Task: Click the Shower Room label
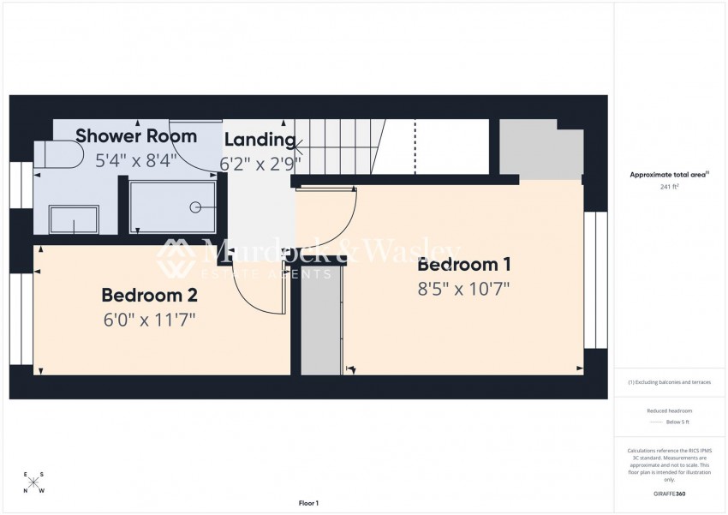(136, 135)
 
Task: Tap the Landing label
(260, 140)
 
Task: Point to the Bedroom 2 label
(149, 296)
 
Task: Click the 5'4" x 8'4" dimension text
(136, 159)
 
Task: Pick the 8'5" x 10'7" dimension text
(463, 289)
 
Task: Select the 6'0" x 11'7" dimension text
(149, 320)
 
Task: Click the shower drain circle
(196, 207)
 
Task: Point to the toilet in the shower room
(60, 155)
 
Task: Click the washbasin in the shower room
(74, 219)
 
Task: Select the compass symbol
(33, 482)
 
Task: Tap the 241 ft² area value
(670, 186)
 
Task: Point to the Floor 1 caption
(308, 503)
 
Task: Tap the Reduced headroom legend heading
(670, 411)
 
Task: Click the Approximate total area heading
(668, 174)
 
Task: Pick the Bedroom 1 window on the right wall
(595, 279)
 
